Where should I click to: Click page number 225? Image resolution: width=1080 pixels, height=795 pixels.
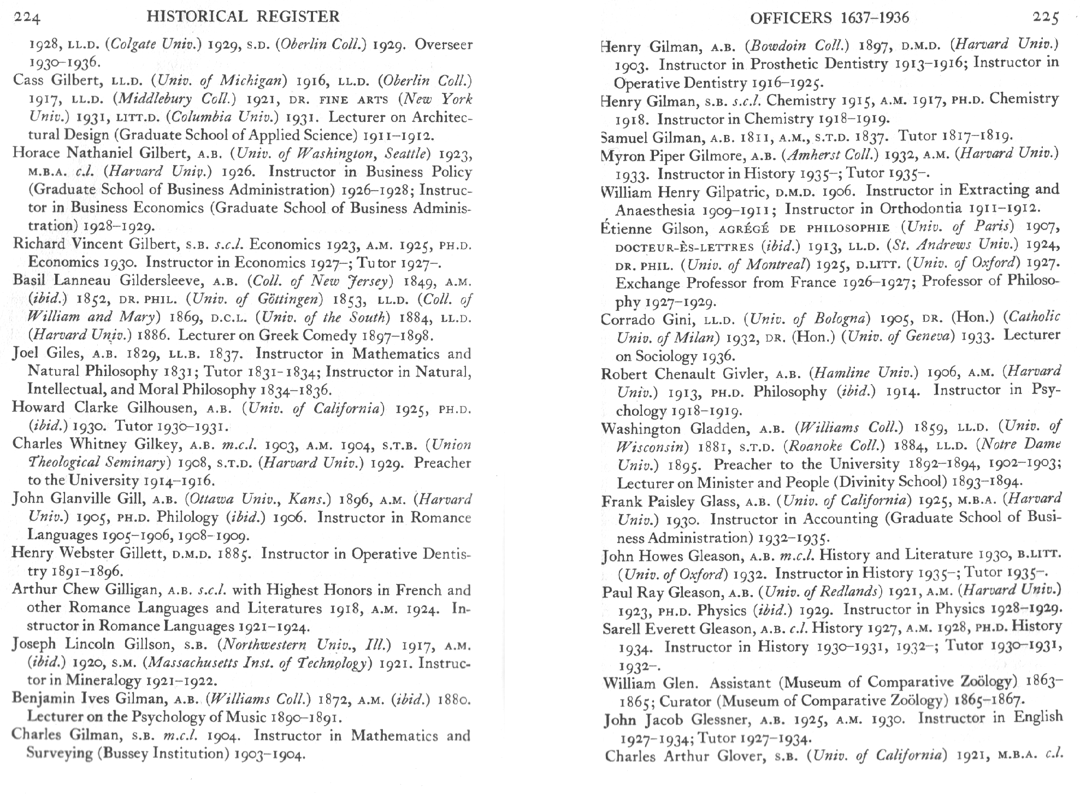(1046, 18)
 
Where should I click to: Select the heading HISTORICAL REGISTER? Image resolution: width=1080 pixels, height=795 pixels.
(243, 17)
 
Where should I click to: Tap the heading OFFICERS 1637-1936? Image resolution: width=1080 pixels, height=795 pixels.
(829, 18)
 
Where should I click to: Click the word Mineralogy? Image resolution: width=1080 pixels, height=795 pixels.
(103, 680)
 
